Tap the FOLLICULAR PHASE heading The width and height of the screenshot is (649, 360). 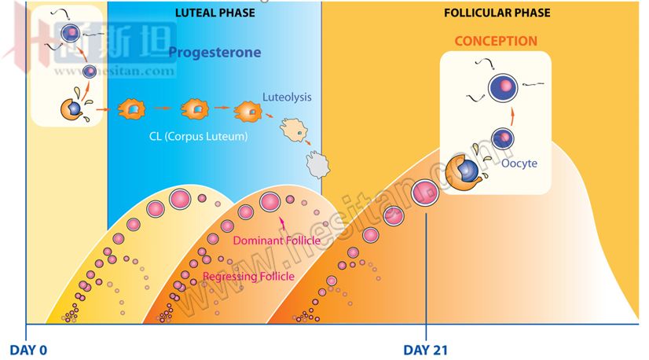click(x=508, y=13)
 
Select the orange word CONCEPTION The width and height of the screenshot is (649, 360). click(x=497, y=41)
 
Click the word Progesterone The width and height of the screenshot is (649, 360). click(x=215, y=53)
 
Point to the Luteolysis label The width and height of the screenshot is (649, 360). click(x=287, y=97)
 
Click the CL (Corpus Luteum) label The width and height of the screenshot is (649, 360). click(x=198, y=136)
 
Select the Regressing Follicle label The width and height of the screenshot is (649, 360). click(x=248, y=277)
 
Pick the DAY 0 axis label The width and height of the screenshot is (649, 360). click(x=30, y=349)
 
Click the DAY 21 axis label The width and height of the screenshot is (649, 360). click(x=425, y=349)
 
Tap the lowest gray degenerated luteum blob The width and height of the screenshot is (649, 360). click(x=316, y=163)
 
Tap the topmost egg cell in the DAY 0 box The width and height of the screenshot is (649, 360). click(x=71, y=32)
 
